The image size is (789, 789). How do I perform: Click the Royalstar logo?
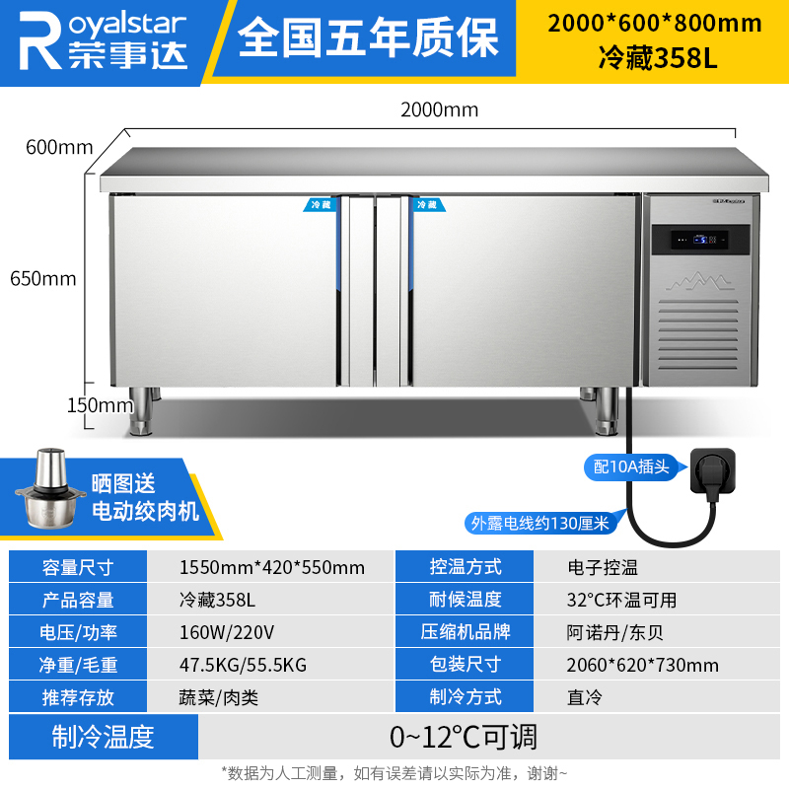click(103, 40)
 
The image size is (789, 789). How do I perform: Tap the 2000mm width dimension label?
click(439, 109)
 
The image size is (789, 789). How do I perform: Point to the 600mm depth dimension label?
click(59, 147)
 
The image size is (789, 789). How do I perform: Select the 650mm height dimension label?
click(43, 278)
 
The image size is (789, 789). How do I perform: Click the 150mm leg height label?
click(101, 405)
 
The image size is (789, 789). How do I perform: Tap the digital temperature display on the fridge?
click(700, 240)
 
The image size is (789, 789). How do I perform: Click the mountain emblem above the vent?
click(699, 282)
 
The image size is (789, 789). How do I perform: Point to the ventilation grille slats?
click(698, 335)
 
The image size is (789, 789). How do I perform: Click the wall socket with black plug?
click(712, 472)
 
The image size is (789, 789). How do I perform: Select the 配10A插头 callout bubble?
click(631, 466)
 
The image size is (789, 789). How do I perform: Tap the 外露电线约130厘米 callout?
click(539, 524)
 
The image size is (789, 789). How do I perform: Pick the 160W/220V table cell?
click(227, 632)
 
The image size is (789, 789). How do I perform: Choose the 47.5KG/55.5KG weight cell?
click(243, 665)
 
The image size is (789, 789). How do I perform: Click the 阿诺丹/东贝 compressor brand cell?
click(614, 632)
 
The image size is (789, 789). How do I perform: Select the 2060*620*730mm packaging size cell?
click(643, 665)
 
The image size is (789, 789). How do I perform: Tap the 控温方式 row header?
click(465, 566)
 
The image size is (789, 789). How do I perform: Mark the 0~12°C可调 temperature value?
click(464, 737)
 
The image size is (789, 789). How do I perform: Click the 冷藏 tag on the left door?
click(320, 205)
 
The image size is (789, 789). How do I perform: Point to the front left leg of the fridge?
click(140, 410)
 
